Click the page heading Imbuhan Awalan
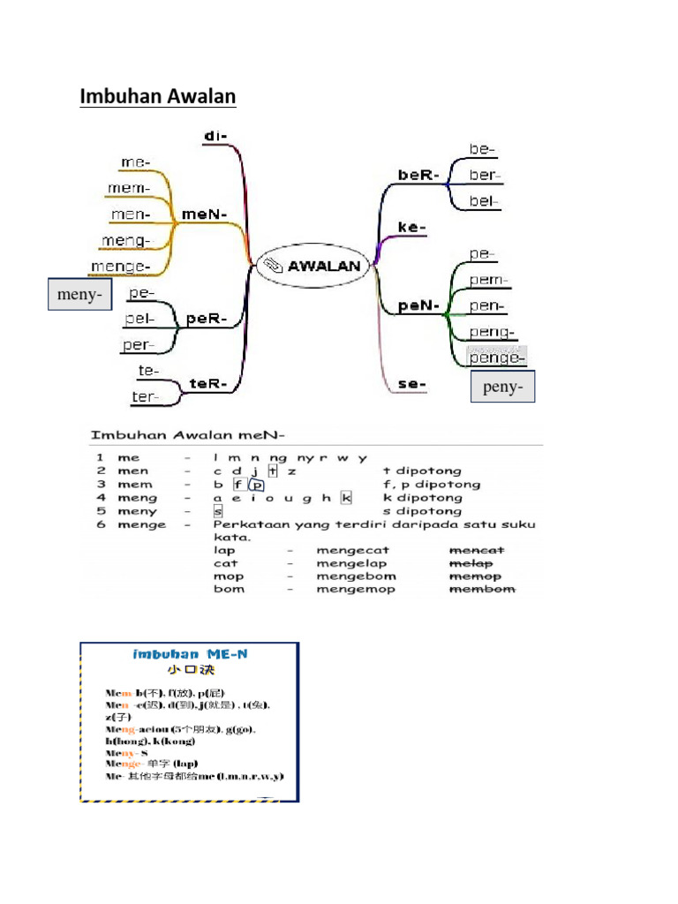click(158, 95)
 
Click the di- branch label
click(215, 135)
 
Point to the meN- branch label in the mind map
click(205, 214)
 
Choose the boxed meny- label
click(79, 295)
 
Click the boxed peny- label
click(502, 388)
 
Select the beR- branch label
click(418, 175)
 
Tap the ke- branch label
click(412, 227)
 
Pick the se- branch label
click(412, 384)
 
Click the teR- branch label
click(209, 384)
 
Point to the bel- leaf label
click(484, 201)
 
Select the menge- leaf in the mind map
click(120, 266)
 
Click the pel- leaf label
click(139, 319)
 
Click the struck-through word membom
click(482, 589)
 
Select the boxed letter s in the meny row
click(217, 511)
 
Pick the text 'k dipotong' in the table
click(422, 498)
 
